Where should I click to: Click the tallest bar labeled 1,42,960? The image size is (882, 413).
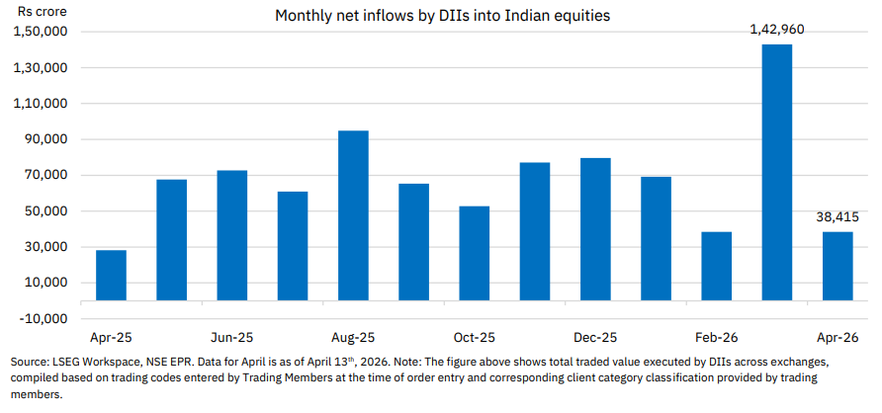point(776,172)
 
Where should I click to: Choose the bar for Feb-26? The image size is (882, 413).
point(716,266)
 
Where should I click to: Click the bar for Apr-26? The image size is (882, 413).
point(838,266)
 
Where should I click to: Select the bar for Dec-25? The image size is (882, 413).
point(595,228)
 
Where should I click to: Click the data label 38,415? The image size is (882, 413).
point(838,216)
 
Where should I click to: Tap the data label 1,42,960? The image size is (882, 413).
point(776,30)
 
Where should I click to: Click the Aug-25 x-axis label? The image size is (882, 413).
point(353,337)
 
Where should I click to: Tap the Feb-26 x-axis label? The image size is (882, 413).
point(716,337)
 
